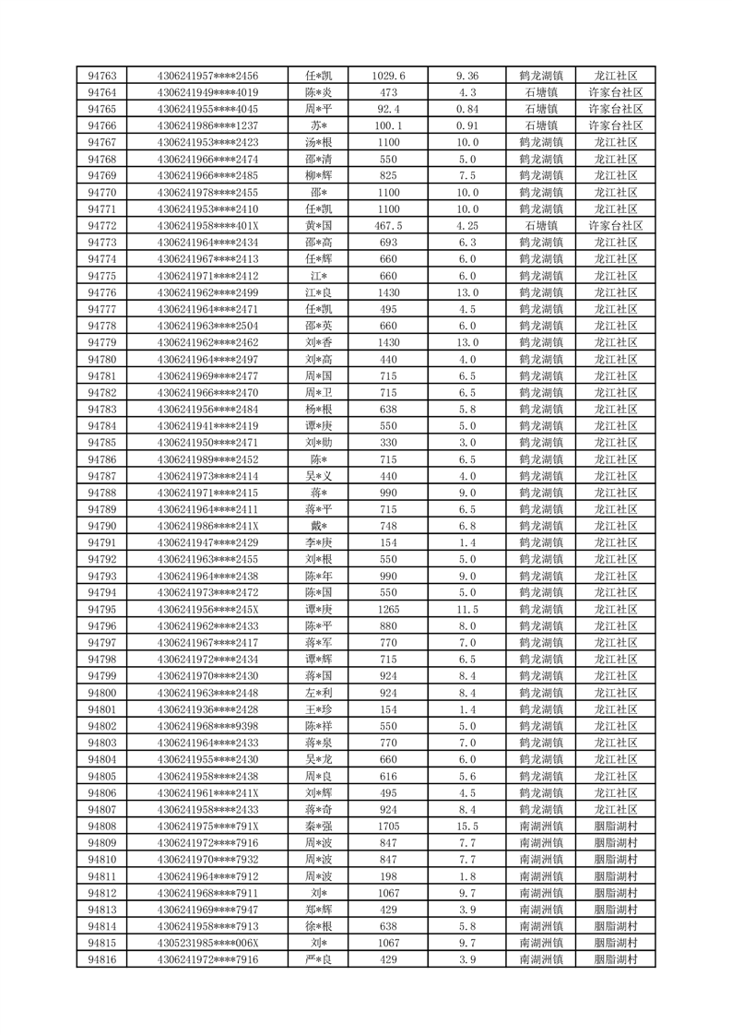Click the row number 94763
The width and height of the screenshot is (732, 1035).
[x=101, y=76]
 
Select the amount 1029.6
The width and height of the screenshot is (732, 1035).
[x=388, y=76]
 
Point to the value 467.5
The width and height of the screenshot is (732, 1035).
[x=388, y=225]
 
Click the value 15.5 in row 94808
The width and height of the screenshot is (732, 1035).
[x=467, y=827]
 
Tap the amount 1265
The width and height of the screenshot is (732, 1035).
[x=388, y=610]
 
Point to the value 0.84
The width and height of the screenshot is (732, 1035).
[x=467, y=109]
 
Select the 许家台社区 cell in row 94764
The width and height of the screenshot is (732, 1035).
[x=615, y=92]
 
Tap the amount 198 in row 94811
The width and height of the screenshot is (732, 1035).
[x=388, y=876]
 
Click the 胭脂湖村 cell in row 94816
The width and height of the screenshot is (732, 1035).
[x=615, y=959]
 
